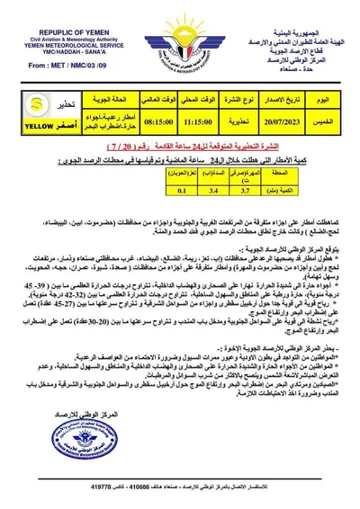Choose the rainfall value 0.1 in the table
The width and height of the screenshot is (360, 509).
(x=181, y=190)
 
